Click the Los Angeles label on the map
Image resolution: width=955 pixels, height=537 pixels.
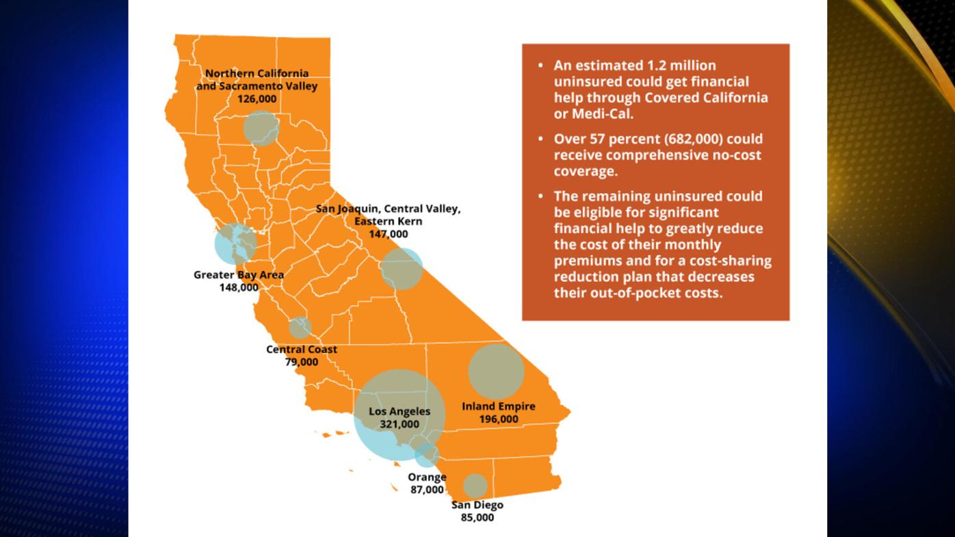coord(400,411)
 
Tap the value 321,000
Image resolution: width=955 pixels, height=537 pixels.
coord(400,424)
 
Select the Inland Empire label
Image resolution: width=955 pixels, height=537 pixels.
coord(498,406)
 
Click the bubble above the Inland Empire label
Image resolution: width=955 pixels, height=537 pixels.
coord(496,371)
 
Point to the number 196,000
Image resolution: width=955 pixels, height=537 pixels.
coord(498,419)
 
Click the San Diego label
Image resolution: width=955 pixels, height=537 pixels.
coord(477,505)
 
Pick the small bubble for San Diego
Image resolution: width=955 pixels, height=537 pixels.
coord(475,486)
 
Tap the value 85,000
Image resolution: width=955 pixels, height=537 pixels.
coord(477,518)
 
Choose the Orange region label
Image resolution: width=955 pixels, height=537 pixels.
coord(427,477)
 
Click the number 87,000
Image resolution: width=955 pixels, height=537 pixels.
coord(427,490)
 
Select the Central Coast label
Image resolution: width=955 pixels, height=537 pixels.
coord(301,350)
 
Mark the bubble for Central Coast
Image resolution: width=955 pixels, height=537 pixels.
coord(300,328)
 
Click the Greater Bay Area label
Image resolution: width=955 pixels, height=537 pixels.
coord(238,275)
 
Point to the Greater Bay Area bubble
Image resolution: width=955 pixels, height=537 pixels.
coord(235,244)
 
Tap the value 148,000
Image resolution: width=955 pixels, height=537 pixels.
coord(238,288)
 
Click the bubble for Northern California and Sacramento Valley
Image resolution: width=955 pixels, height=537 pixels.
coord(261,128)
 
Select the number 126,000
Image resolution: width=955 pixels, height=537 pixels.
coord(257,99)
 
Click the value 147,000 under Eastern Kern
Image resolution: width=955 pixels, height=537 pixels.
coord(388,234)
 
